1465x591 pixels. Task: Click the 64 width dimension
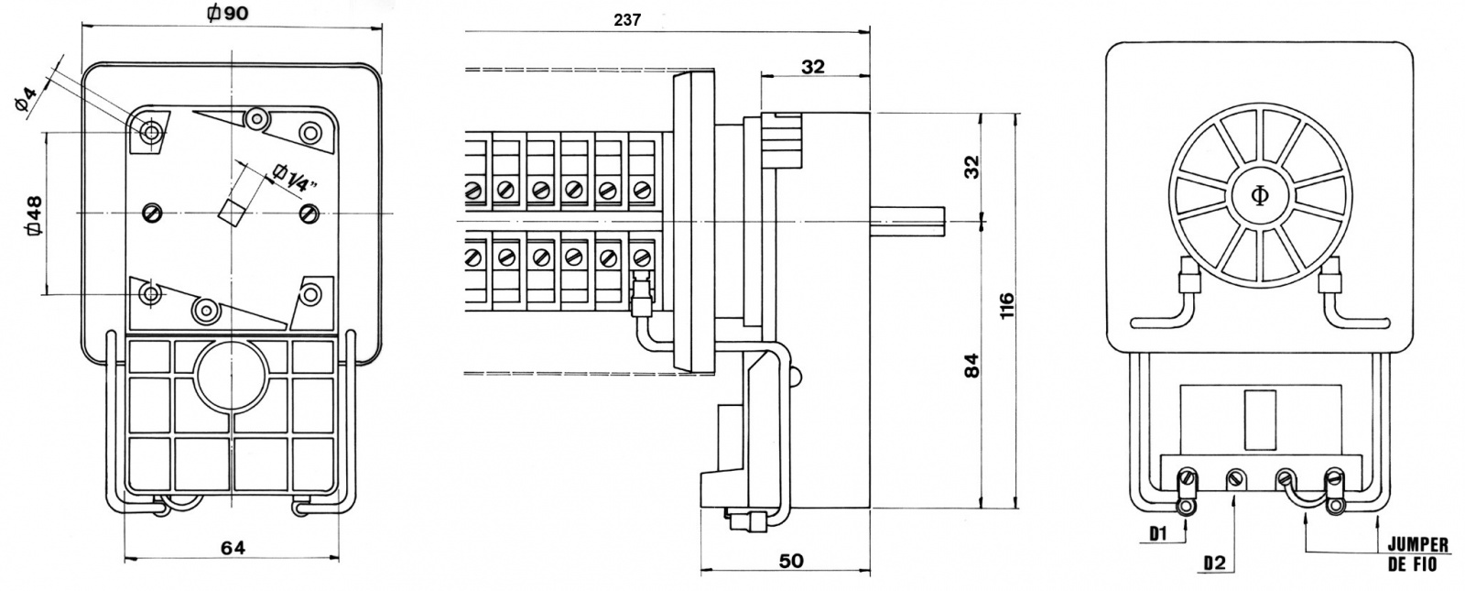click(x=233, y=547)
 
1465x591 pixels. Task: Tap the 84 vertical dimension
click(x=972, y=364)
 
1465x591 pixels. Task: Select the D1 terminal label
click(x=1159, y=532)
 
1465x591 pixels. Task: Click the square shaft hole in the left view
click(x=232, y=211)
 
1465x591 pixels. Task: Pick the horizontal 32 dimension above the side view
click(x=812, y=66)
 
